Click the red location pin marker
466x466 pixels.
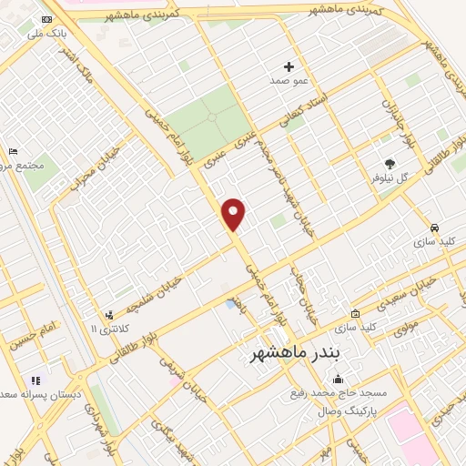point(235,214)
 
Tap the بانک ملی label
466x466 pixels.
point(48,34)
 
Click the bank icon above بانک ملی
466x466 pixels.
point(46,19)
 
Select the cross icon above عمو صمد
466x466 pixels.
point(289,66)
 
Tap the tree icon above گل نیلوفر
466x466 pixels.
point(390,165)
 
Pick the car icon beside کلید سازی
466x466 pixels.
point(435,228)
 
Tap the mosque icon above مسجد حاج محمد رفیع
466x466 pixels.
point(339,380)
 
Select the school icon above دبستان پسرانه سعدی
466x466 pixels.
point(35,380)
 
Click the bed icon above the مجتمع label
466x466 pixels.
point(13,151)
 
